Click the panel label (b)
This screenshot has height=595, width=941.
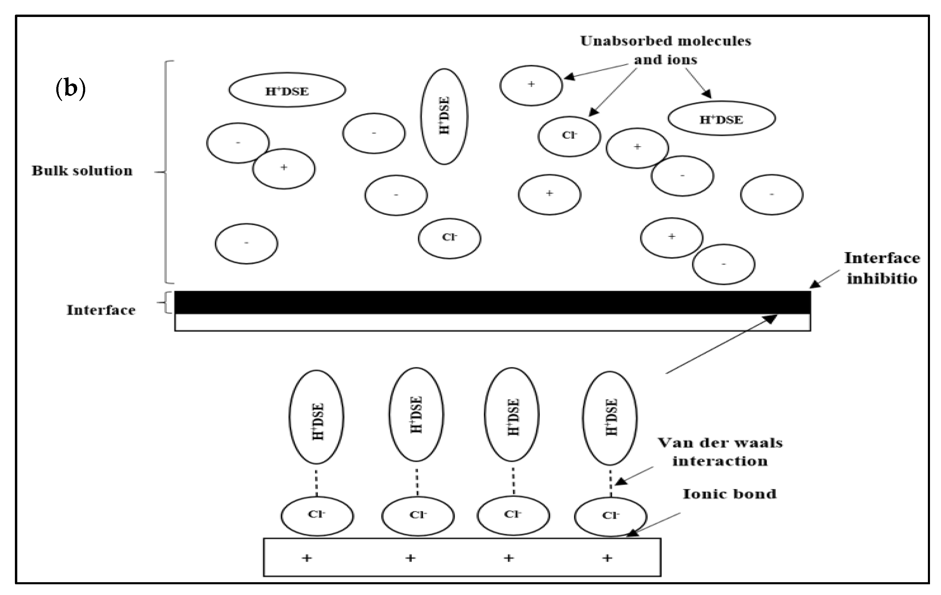(x=70, y=89)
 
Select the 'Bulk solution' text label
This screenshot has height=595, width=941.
(x=82, y=171)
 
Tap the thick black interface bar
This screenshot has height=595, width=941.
(x=492, y=302)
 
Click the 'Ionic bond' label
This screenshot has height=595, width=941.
(x=729, y=494)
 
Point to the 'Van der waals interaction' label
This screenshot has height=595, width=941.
(x=720, y=452)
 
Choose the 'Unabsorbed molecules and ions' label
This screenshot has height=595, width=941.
(x=665, y=50)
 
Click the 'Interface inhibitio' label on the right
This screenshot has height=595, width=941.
(x=882, y=268)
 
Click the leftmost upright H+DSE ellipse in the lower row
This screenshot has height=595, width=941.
(x=317, y=417)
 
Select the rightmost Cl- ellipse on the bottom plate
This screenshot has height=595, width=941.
(x=610, y=516)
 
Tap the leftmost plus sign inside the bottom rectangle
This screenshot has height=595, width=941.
(x=307, y=558)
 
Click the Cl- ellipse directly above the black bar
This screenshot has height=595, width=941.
(x=449, y=238)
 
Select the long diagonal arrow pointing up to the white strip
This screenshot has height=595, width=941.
(x=721, y=344)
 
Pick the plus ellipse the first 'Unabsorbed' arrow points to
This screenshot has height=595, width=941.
(x=531, y=85)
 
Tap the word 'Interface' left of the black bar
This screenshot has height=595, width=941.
(x=101, y=310)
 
